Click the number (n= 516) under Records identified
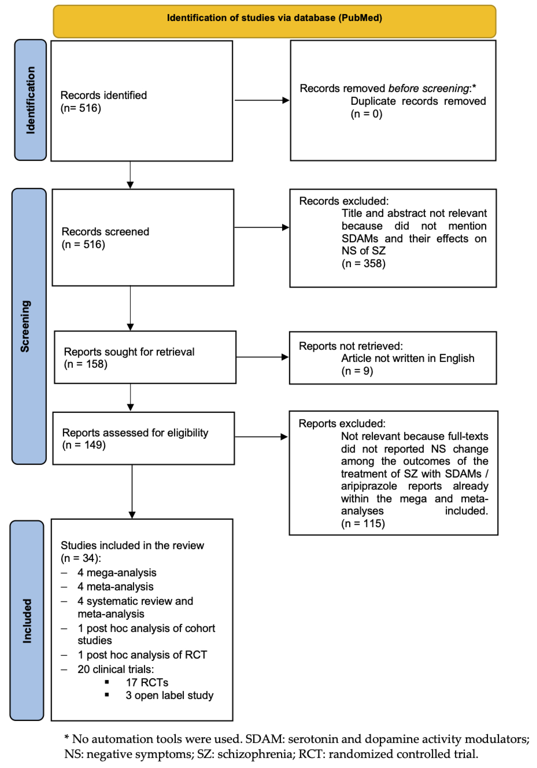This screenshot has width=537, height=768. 81,108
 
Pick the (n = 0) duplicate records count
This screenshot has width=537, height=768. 366,114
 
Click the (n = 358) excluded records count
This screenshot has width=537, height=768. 363,264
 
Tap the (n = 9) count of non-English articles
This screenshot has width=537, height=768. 357,371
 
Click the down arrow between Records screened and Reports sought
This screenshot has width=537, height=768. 130,308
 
